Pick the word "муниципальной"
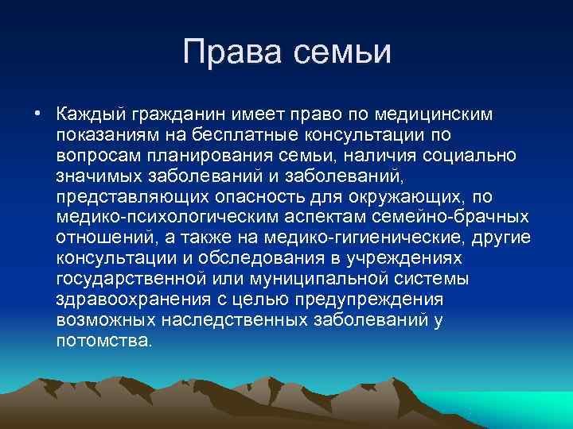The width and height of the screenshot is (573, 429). [318, 278]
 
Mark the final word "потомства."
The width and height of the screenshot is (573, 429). [103, 340]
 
